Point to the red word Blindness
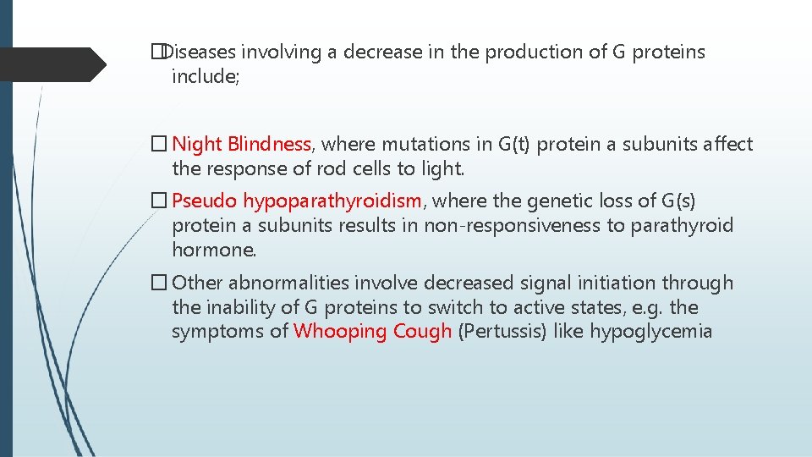[270, 145]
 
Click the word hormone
[213, 251]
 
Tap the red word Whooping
[337, 332]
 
